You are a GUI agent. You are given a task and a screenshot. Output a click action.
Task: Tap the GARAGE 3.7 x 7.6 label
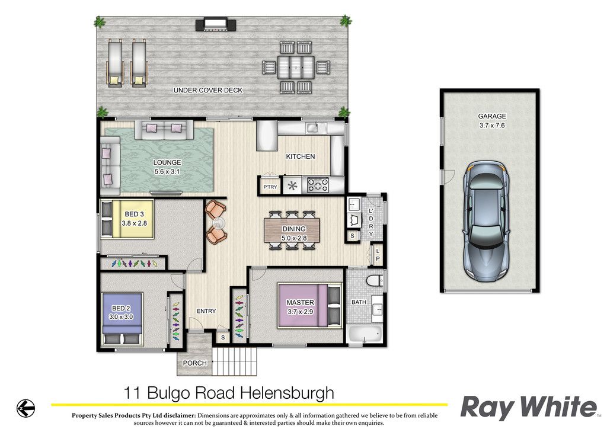[x=491, y=121]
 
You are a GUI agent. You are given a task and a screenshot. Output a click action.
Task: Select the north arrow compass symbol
[x=25, y=408]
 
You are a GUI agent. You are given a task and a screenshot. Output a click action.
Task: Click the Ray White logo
[x=529, y=407]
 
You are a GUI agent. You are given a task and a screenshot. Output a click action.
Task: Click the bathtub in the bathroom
[x=365, y=334]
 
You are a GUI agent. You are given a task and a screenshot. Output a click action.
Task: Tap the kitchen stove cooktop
[x=318, y=185]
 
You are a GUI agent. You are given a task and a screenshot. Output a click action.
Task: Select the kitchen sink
[x=316, y=127]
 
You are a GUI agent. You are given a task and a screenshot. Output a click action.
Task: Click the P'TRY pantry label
[x=270, y=187]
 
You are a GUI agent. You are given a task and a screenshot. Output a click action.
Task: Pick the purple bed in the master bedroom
[x=309, y=306]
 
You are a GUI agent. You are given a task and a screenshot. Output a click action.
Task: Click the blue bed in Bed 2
[x=122, y=319]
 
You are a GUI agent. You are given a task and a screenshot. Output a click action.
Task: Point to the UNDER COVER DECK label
[x=208, y=90]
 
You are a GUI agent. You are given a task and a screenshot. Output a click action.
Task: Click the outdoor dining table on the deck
[x=296, y=68]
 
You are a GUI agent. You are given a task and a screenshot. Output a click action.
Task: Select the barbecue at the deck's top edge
[x=216, y=25]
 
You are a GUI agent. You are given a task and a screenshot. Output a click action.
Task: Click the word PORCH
[x=194, y=363]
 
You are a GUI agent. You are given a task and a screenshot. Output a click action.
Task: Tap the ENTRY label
[x=206, y=311]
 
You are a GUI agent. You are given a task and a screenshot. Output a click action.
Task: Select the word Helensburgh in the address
[x=287, y=393]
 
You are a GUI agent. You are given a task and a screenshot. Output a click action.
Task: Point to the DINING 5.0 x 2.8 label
[x=294, y=233]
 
